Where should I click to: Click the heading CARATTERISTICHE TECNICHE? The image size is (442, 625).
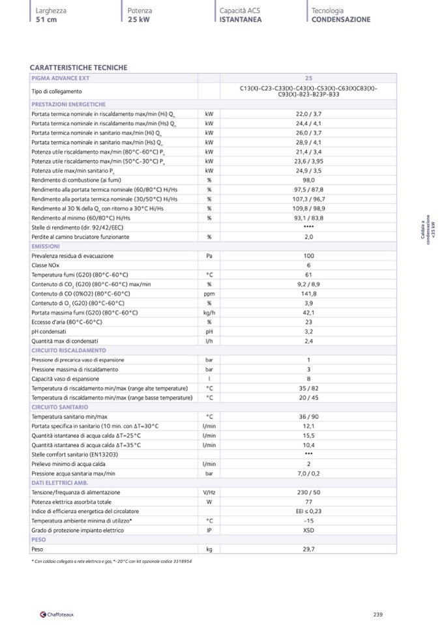click(79, 68)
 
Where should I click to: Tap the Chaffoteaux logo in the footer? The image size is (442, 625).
click(58, 614)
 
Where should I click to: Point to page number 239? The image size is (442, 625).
click(377, 614)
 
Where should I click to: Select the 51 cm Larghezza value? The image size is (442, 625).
click(46, 20)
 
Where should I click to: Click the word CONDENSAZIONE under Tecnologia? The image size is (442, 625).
click(341, 20)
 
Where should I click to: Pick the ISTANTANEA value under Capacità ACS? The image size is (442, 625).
click(241, 20)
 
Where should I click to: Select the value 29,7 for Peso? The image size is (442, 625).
click(308, 549)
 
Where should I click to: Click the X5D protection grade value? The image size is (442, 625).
click(308, 531)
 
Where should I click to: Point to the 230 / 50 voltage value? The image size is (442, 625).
click(308, 493)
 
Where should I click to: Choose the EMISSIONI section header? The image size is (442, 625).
click(46, 246)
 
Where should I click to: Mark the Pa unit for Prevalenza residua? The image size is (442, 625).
click(209, 256)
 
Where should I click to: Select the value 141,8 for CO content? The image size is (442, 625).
click(308, 294)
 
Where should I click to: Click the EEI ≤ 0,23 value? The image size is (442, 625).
click(308, 512)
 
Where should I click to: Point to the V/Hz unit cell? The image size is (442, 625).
click(209, 493)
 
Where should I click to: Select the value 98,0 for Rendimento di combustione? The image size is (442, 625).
click(308, 180)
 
